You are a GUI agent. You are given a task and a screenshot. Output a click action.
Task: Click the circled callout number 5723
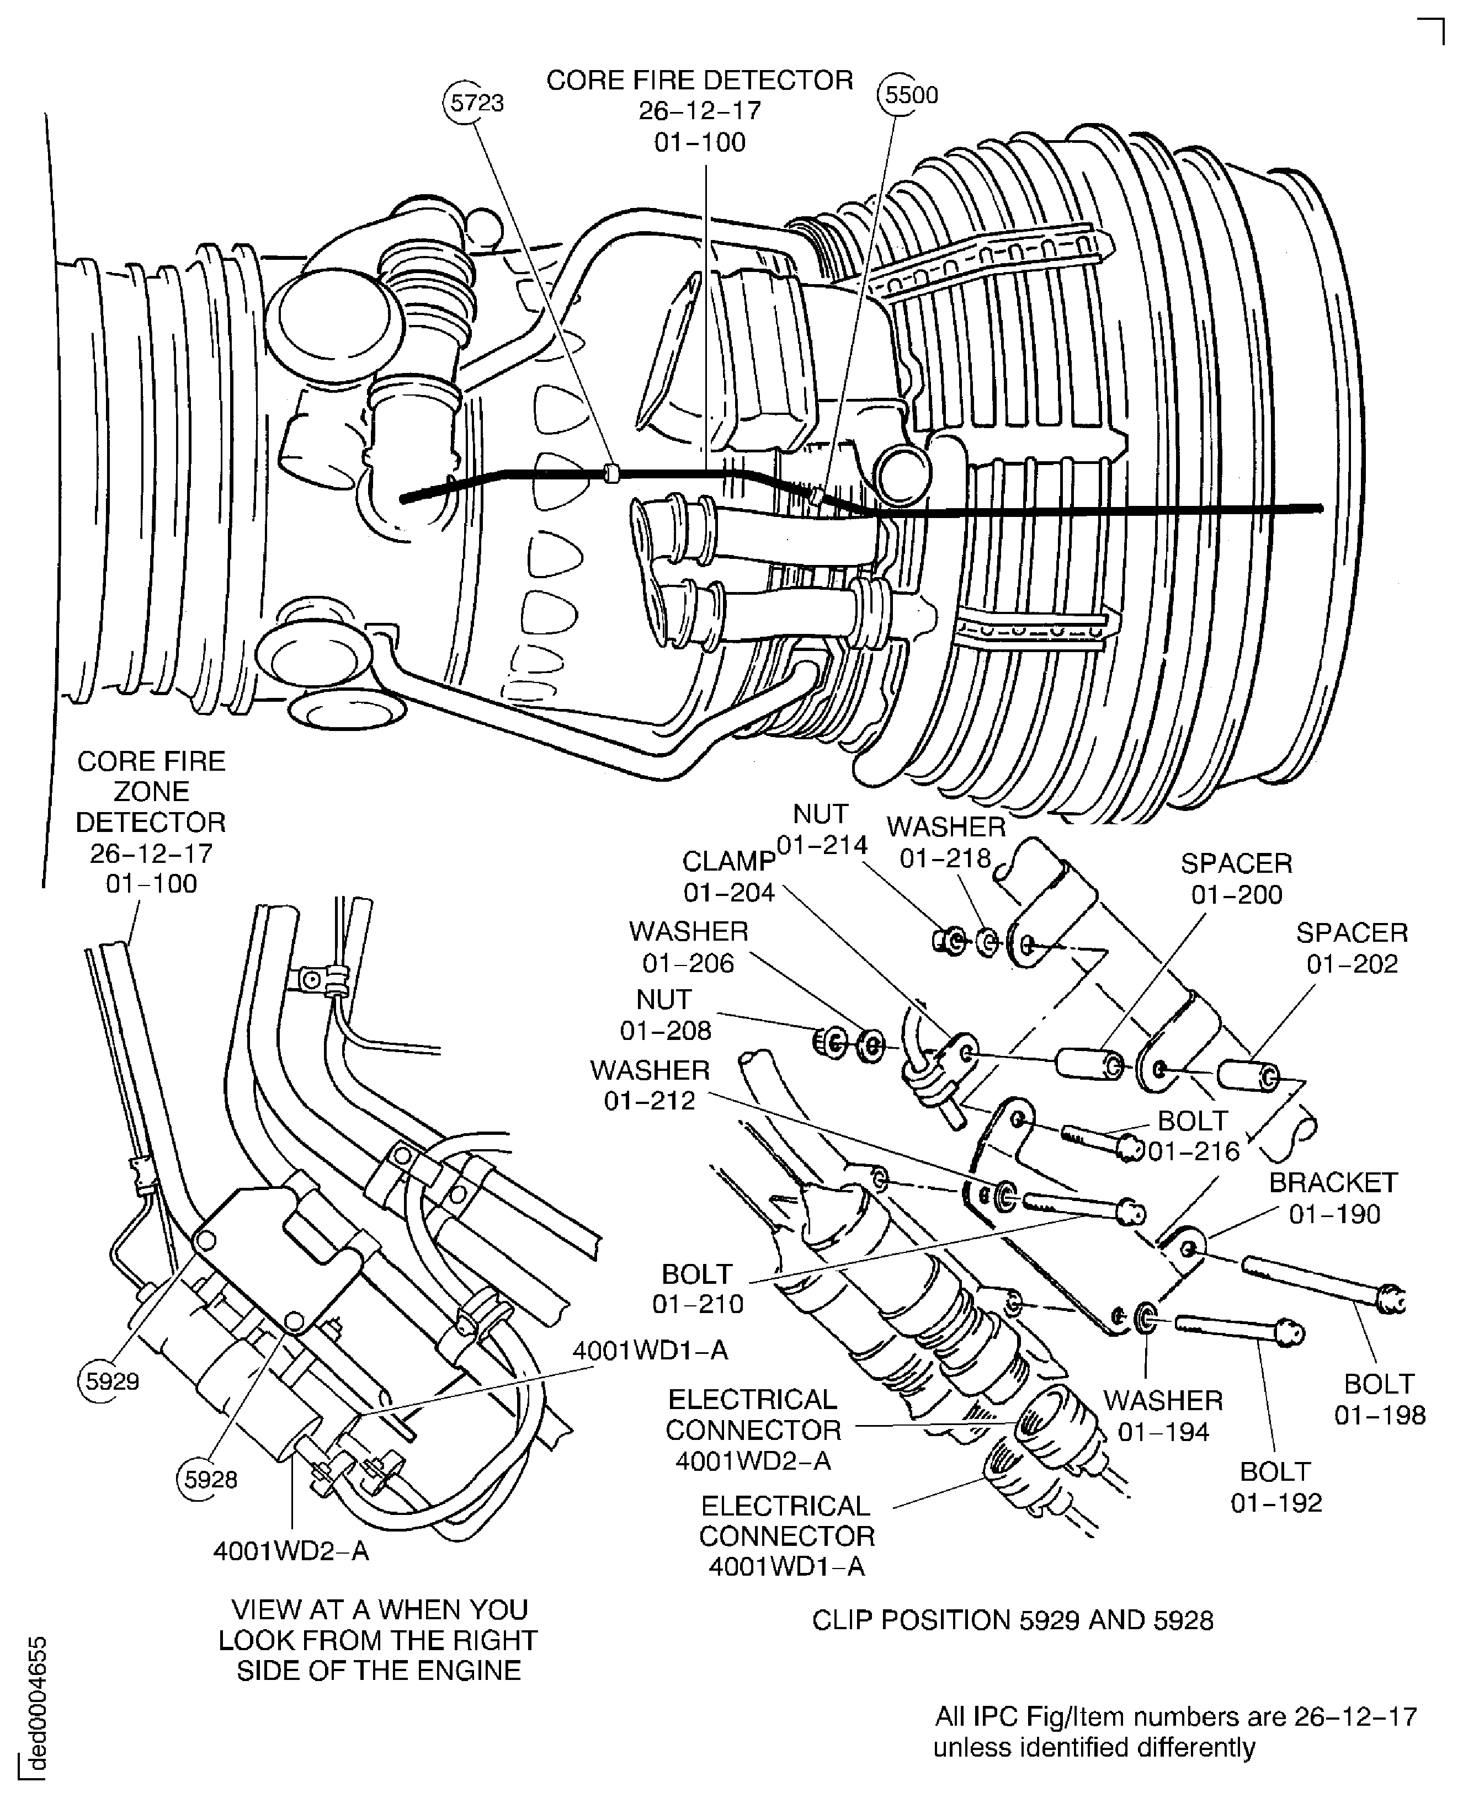[x=476, y=104]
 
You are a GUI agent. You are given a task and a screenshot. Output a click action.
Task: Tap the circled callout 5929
[x=111, y=1382]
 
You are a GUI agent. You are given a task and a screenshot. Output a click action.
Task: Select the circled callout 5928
[x=210, y=1480]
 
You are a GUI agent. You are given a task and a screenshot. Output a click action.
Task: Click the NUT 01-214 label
[x=821, y=830]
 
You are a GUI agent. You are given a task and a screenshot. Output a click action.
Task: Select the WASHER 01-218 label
[x=945, y=842]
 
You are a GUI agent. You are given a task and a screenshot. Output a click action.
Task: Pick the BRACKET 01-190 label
[x=1333, y=1198]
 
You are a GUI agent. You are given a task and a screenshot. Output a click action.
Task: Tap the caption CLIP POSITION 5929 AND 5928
[x=1012, y=1620]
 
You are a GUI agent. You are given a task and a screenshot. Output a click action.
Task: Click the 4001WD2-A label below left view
[x=291, y=1551]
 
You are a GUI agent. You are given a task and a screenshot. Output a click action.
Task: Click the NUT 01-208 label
[x=665, y=1015]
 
